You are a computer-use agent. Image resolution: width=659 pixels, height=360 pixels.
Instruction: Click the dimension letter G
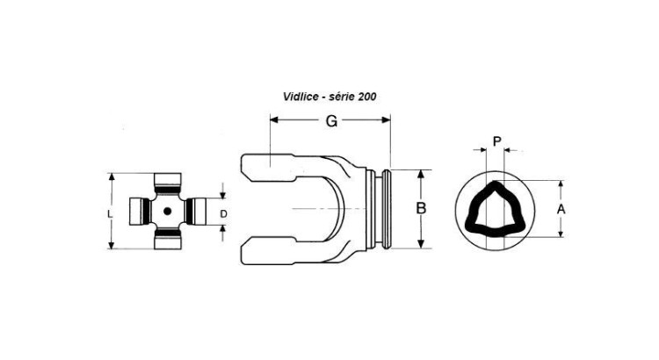(331, 120)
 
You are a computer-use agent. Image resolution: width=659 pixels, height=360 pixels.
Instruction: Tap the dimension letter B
(421, 208)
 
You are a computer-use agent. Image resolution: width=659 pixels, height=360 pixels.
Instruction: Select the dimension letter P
(496, 141)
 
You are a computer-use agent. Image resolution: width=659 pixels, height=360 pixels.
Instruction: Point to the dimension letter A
(561, 209)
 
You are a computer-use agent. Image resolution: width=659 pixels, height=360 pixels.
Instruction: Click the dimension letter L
(110, 214)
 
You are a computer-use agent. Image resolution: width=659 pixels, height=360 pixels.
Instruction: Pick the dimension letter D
(223, 214)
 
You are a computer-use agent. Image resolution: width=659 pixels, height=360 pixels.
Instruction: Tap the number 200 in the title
(367, 97)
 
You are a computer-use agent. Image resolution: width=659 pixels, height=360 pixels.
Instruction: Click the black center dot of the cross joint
(167, 212)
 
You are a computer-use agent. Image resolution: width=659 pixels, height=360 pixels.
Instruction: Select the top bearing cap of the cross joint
(168, 181)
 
